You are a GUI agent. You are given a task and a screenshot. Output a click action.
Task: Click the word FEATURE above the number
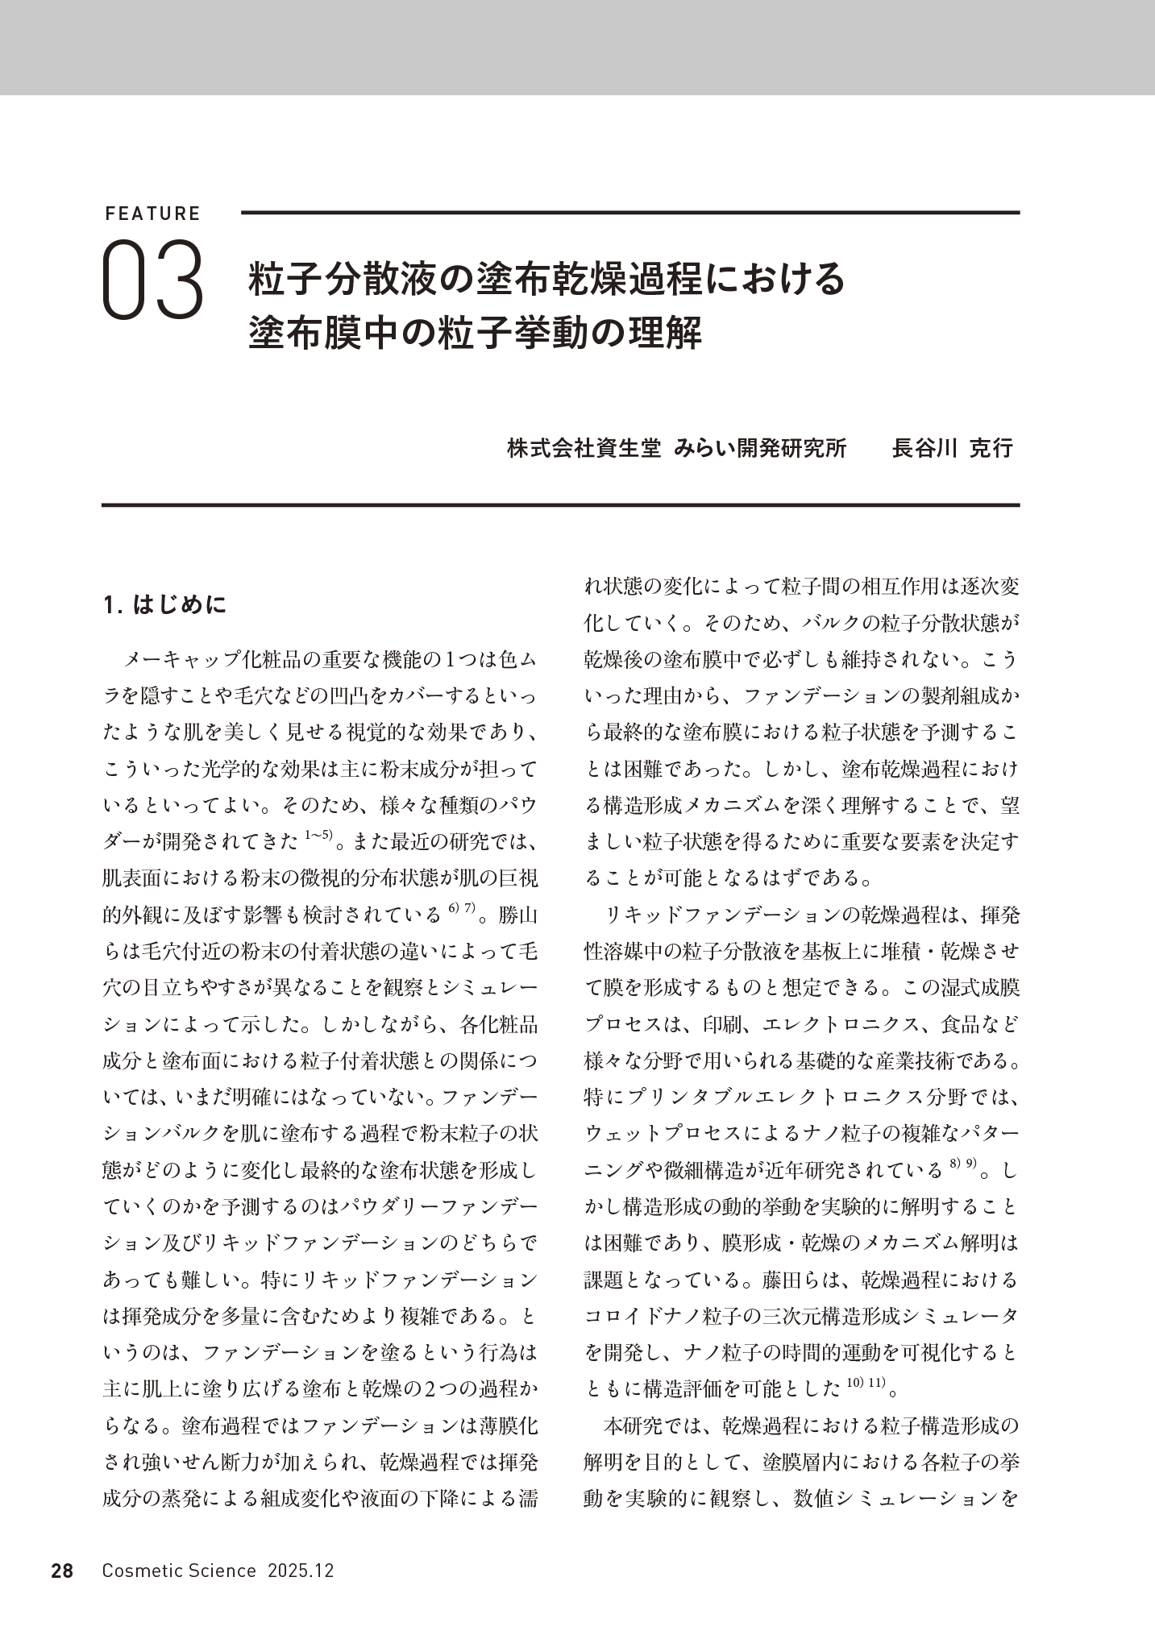click(152, 214)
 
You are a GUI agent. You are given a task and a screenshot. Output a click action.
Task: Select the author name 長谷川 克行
click(952, 449)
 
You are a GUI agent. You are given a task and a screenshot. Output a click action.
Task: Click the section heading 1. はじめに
click(166, 604)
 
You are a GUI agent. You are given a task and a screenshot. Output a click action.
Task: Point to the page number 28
click(62, 1571)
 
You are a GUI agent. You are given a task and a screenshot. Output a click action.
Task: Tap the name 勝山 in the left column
click(518, 916)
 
